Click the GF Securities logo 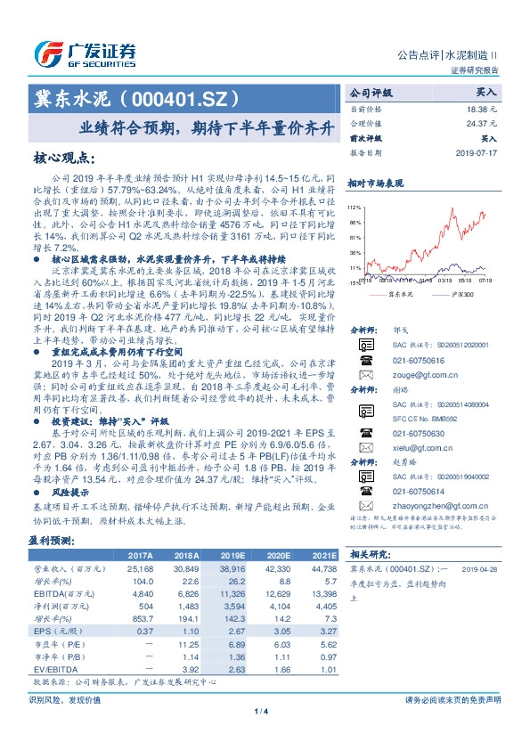85,53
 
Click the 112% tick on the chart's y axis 355,206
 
